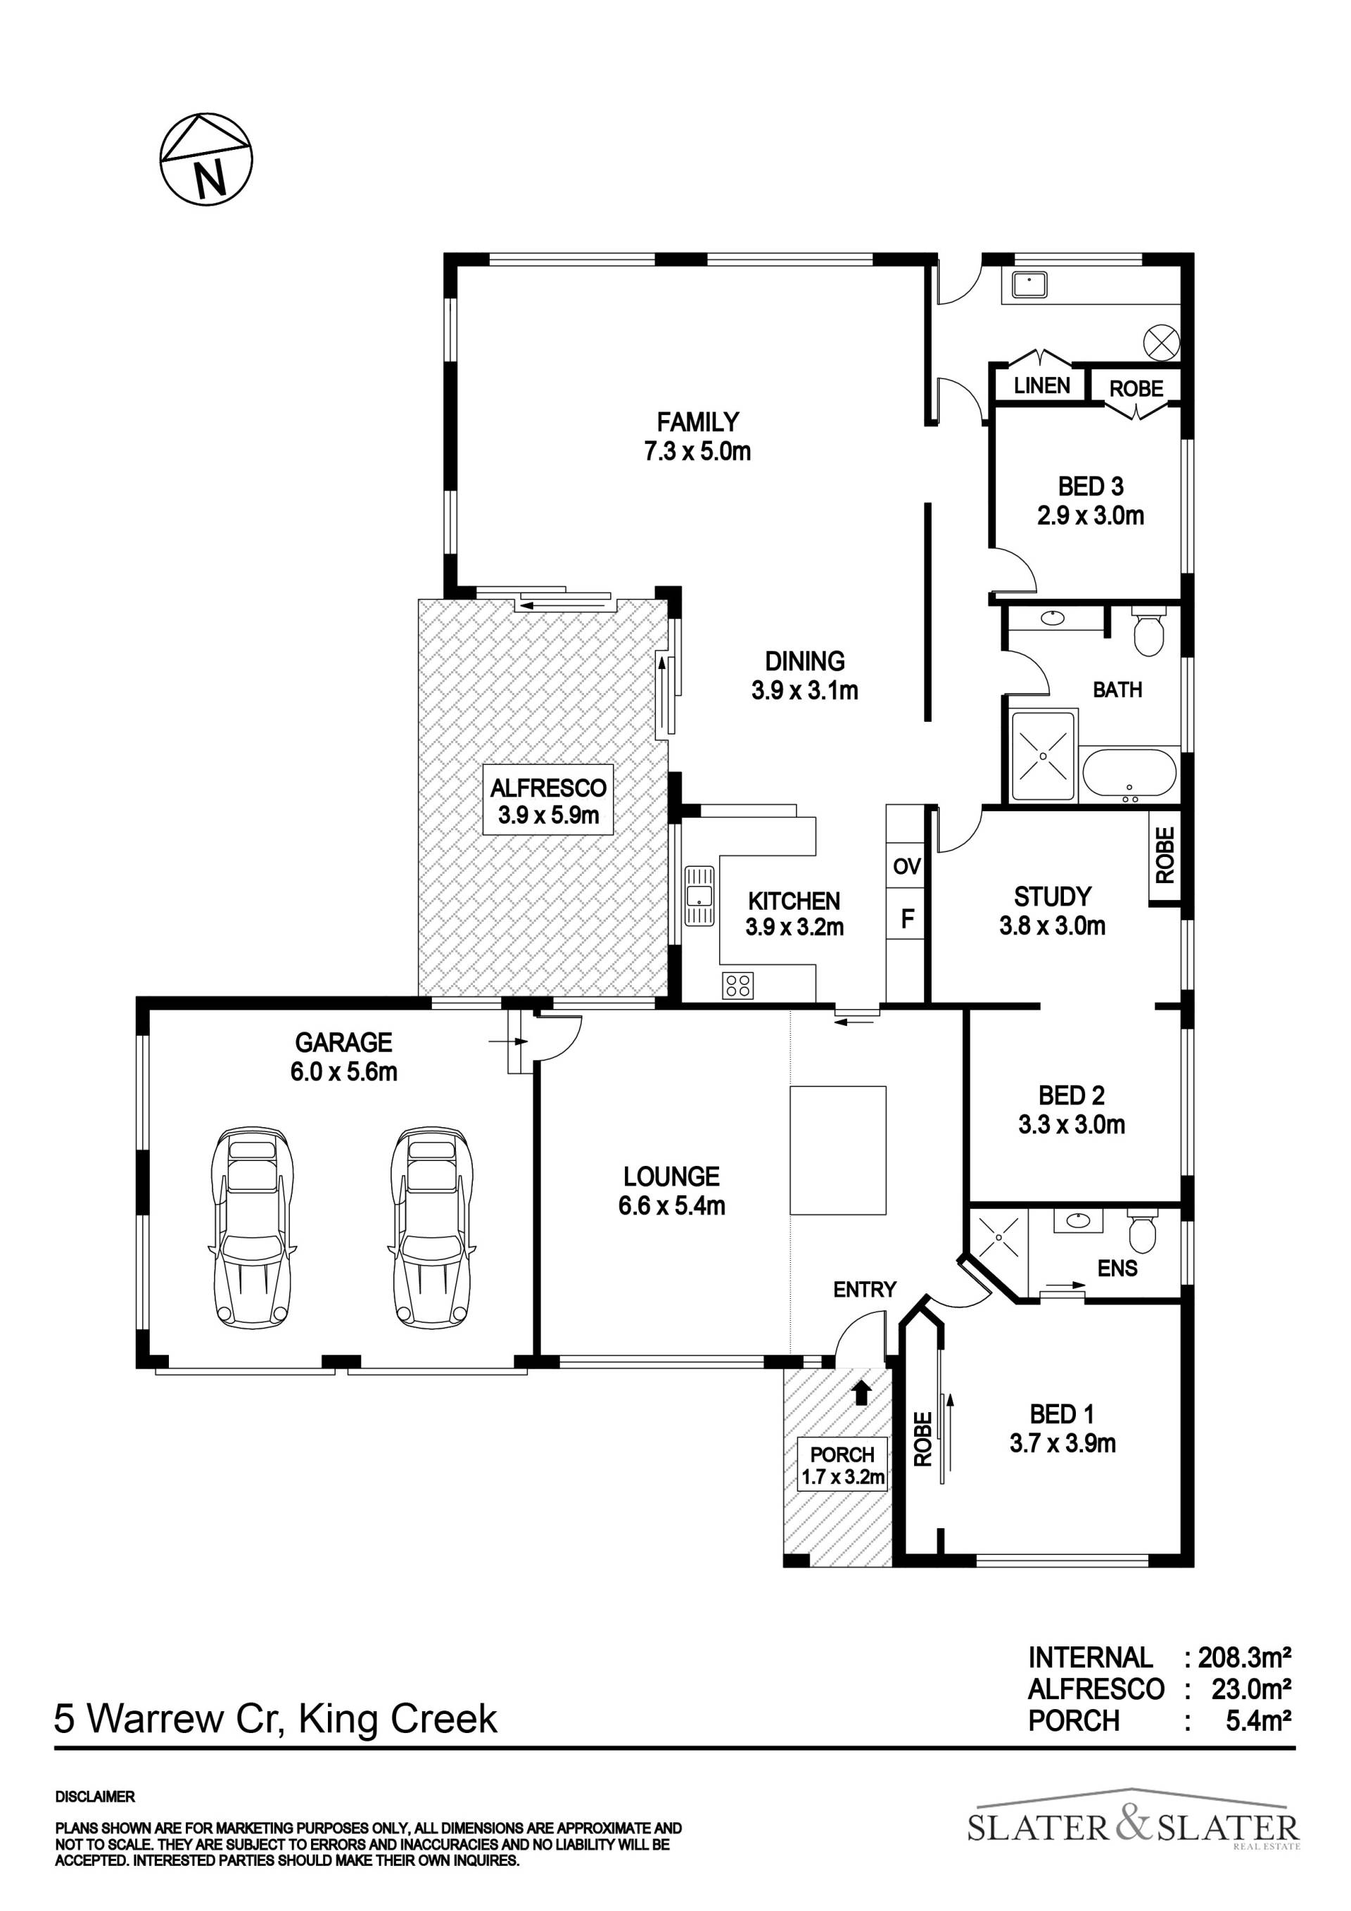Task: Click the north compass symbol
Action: [205, 159]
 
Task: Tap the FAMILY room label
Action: [697, 422]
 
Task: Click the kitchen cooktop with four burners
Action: [738, 986]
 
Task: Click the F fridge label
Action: [907, 919]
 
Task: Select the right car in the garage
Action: [431, 1228]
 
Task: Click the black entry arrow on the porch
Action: [863, 1392]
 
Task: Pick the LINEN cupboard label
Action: [1041, 386]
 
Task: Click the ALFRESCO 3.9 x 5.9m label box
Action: [549, 800]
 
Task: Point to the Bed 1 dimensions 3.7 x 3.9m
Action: [1063, 1442]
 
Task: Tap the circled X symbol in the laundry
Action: [1161, 341]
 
